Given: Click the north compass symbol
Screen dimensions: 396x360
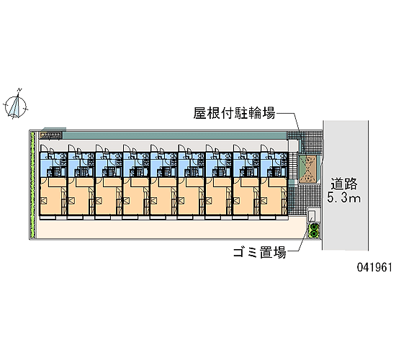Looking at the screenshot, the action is pos(16,106).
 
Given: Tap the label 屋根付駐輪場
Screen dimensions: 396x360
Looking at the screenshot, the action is pos(234,113).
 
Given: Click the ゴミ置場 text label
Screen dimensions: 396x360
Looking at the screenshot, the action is pos(260,252).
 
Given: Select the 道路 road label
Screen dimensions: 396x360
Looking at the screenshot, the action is pos(344,184).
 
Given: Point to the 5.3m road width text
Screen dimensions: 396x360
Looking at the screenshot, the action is pos(344,197).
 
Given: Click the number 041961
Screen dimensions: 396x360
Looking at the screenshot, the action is pos(374,267).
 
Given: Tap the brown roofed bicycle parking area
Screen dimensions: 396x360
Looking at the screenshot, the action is pos(308,169).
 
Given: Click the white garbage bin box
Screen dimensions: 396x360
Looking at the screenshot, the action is pos(311,215).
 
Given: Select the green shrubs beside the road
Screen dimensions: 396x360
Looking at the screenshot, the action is pos(314,230).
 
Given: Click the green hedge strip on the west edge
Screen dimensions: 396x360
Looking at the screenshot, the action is pos(32,184).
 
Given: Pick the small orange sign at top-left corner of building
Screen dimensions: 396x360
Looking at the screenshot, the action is pos(50,135).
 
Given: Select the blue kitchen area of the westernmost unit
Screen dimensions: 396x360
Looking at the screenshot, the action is pos(53,164).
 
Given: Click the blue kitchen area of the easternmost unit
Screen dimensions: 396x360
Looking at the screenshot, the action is pos(274,164).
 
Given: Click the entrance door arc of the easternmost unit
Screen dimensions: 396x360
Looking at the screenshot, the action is pos(265,147).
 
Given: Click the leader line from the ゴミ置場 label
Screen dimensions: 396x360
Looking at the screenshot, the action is pos(299,238).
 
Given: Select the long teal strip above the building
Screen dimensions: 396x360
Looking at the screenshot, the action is pos(174,135).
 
